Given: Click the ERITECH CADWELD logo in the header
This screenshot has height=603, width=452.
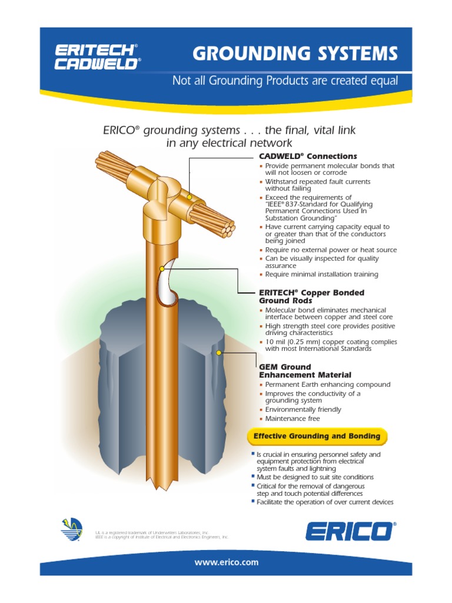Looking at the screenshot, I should pyautogui.click(x=97, y=57).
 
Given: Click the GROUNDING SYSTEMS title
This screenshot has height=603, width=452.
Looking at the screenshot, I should pyautogui.click(x=295, y=54).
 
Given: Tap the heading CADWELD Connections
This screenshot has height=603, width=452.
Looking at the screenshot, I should pyautogui.click(x=308, y=156).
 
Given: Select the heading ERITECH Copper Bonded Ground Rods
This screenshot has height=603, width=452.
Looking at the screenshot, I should pyautogui.click(x=312, y=296).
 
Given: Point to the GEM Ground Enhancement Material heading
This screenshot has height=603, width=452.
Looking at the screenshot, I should pyautogui.click(x=305, y=371).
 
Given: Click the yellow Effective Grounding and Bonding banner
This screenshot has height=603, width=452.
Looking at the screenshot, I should pyautogui.click(x=317, y=436).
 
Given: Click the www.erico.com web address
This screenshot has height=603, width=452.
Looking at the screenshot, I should pyautogui.click(x=227, y=562).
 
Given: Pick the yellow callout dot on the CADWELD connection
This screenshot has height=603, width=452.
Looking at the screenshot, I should pyautogui.click(x=190, y=197).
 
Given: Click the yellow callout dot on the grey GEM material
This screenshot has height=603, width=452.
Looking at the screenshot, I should pyautogui.click(x=219, y=353).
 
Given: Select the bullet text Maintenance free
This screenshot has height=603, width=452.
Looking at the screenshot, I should pyautogui.click(x=293, y=419).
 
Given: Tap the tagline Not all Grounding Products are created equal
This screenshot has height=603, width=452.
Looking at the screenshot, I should pyautogui.click(x=285, y=81).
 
